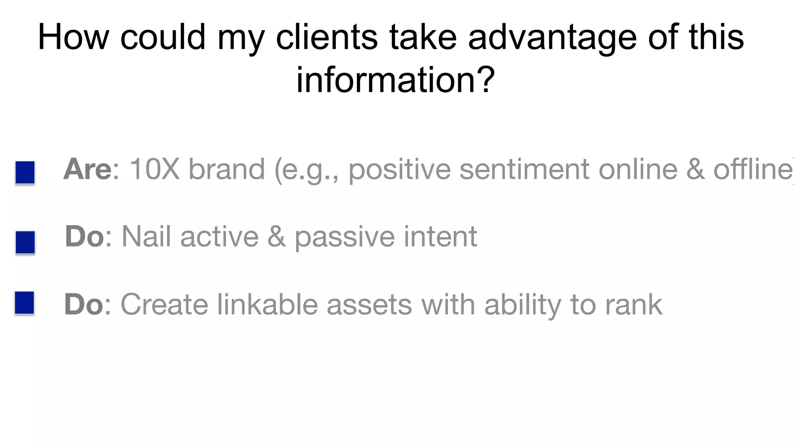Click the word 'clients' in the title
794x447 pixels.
tap(326, 37)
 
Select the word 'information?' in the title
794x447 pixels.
tap(395, 80)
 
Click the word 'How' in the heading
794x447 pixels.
tap(73, 37)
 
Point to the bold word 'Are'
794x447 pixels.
tap(88, 169)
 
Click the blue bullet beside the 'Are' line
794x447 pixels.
tap(25, 173)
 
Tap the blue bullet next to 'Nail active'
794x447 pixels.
tap(25, 242)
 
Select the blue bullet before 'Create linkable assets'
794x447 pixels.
tap(25, 303)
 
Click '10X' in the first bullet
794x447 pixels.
tap(154, 169)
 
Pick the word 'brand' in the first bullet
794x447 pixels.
tap(226, 169)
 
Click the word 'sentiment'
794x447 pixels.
tap(524, 169)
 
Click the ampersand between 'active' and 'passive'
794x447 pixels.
tap(276, 236)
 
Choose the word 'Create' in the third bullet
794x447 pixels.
tap(164, 304)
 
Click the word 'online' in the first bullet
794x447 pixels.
tap(638, 169)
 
